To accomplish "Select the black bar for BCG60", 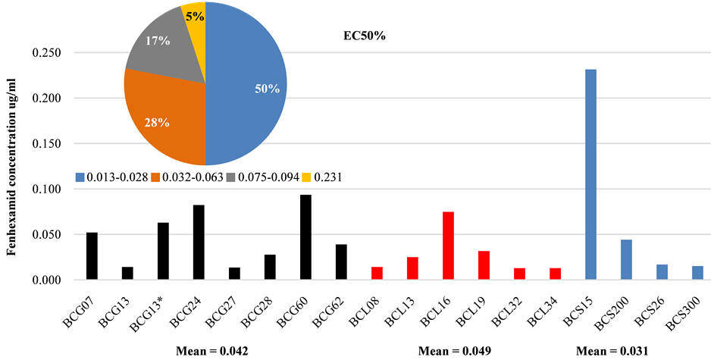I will [305, 237].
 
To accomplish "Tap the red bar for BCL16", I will [448, 246].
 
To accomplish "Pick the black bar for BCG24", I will [199, 242].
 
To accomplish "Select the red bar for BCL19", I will [484, 265].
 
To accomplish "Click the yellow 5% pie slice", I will [194, 15].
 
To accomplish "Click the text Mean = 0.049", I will [455, 350].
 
